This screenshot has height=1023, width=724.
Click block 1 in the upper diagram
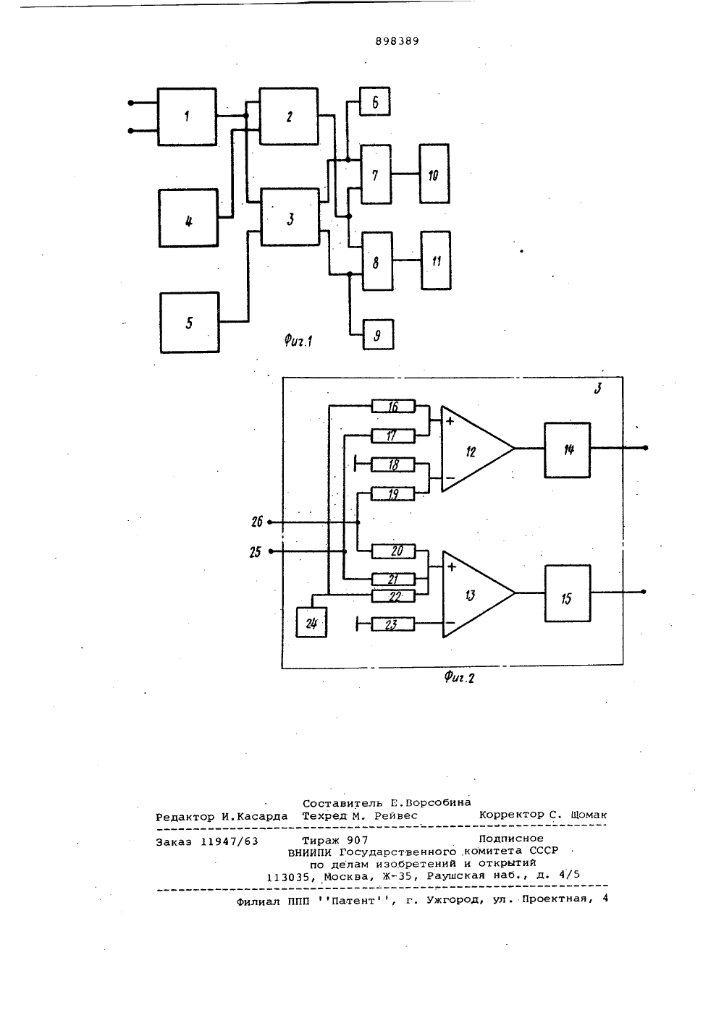point(187,117)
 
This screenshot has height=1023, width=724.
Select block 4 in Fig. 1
point(188,218)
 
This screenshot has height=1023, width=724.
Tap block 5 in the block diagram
point(190,323)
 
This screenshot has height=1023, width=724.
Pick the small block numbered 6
point(375,101)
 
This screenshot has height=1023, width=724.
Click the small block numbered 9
point(378,335)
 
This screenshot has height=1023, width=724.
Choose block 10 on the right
point(434,174)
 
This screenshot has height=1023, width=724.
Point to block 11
point(436,260)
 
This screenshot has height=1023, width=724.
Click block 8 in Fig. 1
point(377,261)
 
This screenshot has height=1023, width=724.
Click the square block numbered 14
point(567,450)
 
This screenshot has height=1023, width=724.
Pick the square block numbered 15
point(568,593)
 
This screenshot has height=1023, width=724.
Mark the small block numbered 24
point(312,622)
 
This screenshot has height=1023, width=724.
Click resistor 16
point(393,406)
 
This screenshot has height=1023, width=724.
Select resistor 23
point(392,624)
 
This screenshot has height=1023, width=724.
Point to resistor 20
point(394,551)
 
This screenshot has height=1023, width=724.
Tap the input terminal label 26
point(257,522)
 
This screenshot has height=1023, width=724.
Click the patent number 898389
point(397,41)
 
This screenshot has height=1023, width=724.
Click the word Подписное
point(511,839)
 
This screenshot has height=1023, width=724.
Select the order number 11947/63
point(230,841)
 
